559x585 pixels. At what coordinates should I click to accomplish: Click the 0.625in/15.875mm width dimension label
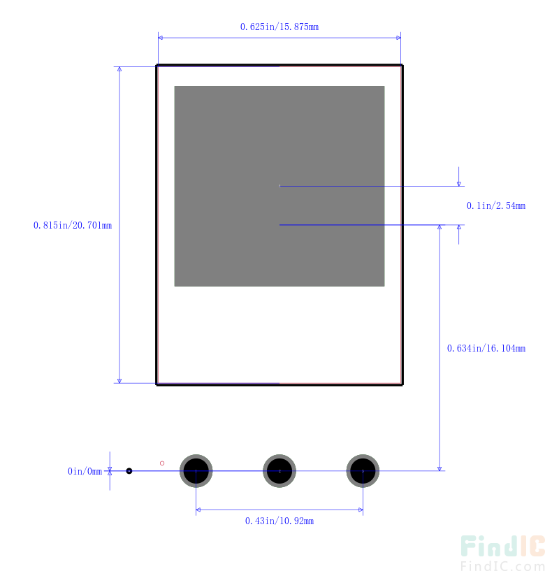pyautogui.click(x=279, y=27)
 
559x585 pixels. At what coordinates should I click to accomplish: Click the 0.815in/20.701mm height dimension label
pyautogui.click(x=73, y=225)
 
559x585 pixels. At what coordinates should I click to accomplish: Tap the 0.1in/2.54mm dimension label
pyautogui.click(x=496, y=206)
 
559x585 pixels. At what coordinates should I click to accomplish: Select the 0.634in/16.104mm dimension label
pyautogui.click(x=486, y=349)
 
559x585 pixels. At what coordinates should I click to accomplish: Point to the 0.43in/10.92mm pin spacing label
pyautogui.click(x=279, y=521)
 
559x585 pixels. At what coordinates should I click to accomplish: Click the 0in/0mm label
pyautogui.click(x=85, y=472)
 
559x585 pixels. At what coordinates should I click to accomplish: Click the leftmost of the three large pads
pyautogui.click(x=196, y=471)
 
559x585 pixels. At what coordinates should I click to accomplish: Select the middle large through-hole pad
pyautogui.click(x=279, y=471)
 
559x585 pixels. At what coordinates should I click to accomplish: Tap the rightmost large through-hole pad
pyautogui.click(x=363, y=471)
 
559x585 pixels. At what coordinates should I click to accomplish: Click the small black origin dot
pyautogui.click(x=129, y=471)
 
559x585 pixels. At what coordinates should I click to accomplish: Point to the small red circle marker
pyautogui.click(x=162, y=463)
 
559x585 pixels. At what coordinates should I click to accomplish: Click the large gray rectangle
pyautogui.click(x=279, y=186)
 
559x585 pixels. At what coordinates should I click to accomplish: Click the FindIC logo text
pyautogui.click(x=502, y=546)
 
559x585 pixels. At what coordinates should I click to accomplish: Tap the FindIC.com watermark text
pyautogui.click(x=502, y=566)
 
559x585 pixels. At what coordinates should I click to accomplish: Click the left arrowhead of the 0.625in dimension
pyautogui.click(x=160, y=38)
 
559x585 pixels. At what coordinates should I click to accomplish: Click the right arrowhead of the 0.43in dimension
pyautogui.click(x=361, y=510)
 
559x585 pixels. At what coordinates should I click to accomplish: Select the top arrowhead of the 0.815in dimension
pyautogui.click(x=119, y=69)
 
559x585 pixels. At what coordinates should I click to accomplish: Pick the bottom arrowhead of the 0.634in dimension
pyautogui.click(x=440, y=468)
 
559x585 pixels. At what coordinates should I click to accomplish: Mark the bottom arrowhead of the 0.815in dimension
pyautogui.click(x=119, y=381)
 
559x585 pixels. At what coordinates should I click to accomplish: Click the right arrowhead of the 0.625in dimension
pyautogui.click(x=399, y=38)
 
